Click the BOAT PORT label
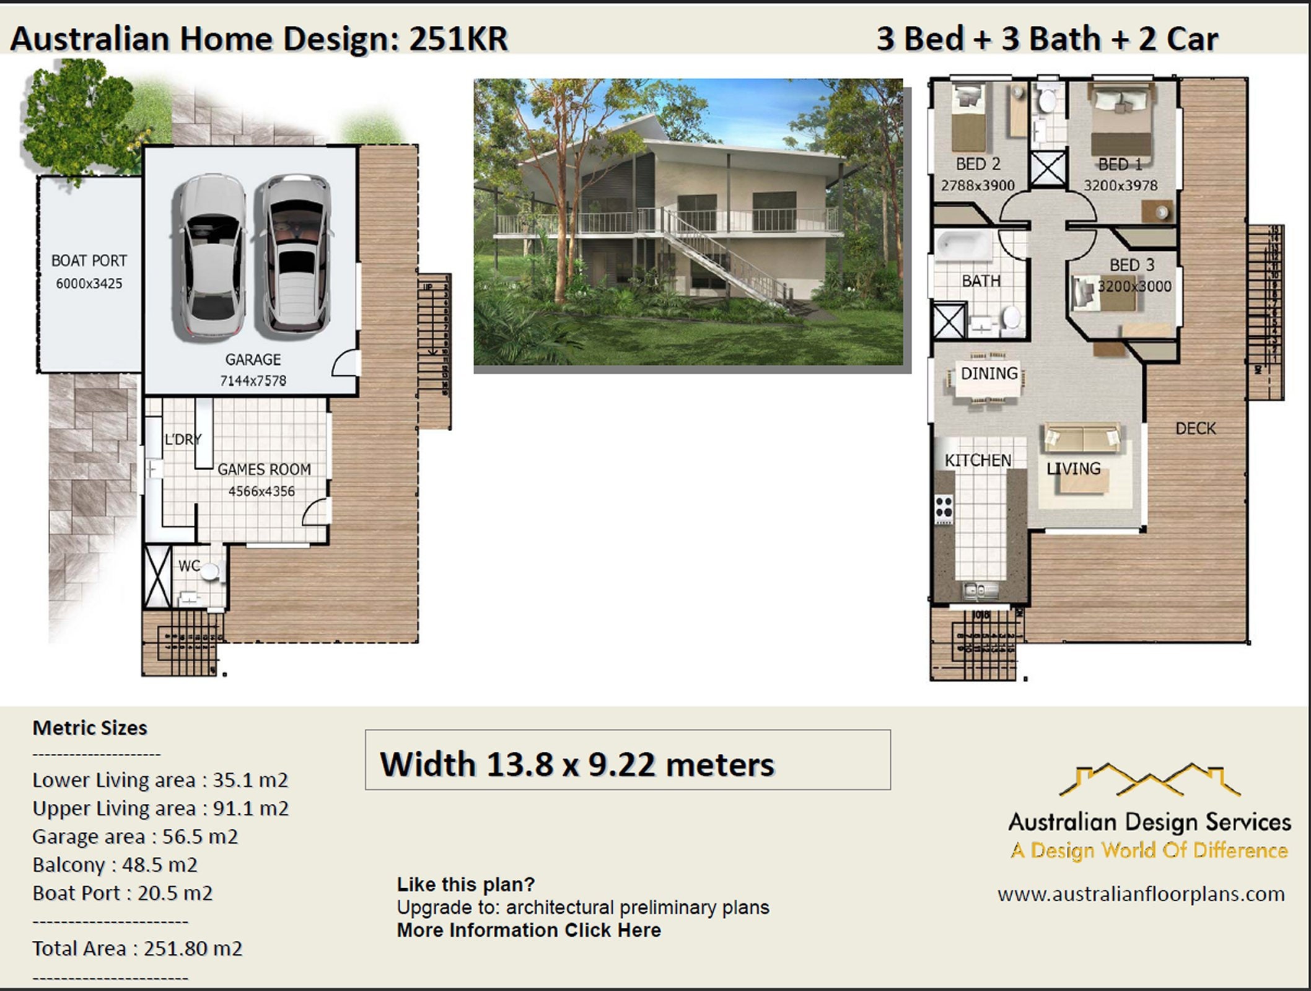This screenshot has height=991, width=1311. (89, 261)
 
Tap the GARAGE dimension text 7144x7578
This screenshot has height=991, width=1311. (253, 381)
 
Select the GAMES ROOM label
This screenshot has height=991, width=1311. (264, 469)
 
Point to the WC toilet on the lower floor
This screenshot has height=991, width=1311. (210, 571)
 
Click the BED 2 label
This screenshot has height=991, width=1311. (978, 164)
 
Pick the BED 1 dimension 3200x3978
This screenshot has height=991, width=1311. (1120, 185)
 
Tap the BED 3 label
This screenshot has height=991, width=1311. (1132, 265)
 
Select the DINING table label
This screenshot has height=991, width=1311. (989, 373)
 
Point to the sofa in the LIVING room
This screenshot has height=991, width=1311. (1082, 437)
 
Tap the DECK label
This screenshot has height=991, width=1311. (1196, 428)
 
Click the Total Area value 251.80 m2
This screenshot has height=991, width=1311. (193, 948)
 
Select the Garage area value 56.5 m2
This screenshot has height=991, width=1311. (199, 836)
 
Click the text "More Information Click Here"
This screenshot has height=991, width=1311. (528, 930)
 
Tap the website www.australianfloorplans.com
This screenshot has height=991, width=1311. (1141, 894)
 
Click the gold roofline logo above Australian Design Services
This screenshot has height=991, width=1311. (1149, 779)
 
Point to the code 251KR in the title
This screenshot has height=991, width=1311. (458, 38)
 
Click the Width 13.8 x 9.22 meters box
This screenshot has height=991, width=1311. (627, 760)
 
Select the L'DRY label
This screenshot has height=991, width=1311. (183, 440)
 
